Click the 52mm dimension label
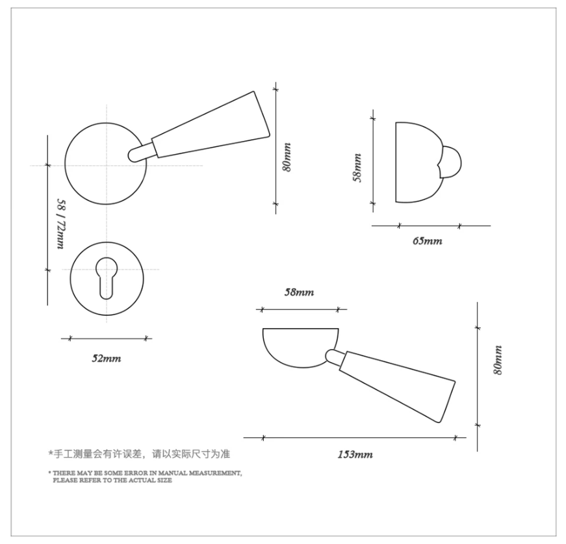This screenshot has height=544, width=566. [x=107, y=359]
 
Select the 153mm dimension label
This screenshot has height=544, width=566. [x=355, y=454]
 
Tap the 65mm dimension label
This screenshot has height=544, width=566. [x=428, y=240]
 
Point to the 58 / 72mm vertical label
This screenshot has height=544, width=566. [x=61, y=224]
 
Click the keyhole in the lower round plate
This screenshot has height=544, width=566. [x=107, y=278]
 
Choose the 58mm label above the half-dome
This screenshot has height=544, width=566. [x=299, y=292]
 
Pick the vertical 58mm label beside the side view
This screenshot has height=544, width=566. [x=357, y=168]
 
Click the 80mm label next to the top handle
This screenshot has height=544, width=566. [x=287, y=157]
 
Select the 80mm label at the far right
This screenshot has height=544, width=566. [x=498, y=360]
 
